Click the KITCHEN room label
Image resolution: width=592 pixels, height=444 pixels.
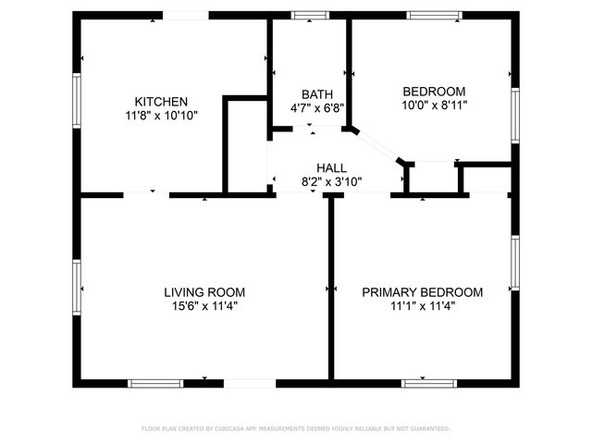[162, 102]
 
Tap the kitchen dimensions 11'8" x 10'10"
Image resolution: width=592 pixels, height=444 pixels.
[162, 116]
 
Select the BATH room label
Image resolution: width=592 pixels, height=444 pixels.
[317, 94]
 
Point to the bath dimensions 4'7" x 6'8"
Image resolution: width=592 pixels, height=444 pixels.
[317, 108]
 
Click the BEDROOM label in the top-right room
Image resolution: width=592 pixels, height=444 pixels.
[434, 92]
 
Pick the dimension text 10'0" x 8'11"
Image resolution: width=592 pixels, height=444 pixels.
[434, 105]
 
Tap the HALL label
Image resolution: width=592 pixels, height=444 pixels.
[331, 168]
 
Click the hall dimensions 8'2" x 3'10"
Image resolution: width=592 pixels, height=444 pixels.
[331, 182]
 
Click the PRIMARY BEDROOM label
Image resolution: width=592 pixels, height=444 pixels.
[422, 292]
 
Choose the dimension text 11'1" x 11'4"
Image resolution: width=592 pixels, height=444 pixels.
[422, 306]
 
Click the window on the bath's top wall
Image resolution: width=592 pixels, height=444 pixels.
[303, 15]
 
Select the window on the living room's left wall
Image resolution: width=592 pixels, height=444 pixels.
[78, 286]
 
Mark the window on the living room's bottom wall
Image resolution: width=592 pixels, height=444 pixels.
[155, 383]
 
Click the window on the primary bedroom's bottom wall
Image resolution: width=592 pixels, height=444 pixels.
[428, 383]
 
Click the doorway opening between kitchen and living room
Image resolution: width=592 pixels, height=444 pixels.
[146, 195]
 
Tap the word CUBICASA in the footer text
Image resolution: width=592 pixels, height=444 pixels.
[229, 429]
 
